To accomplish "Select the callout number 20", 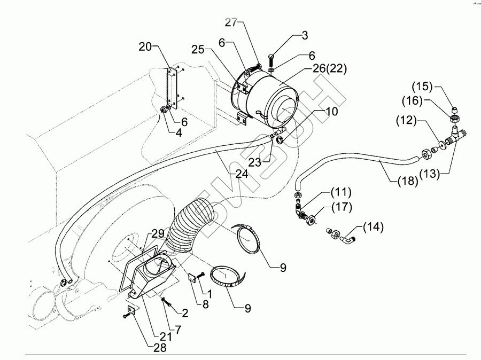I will click(x=146, y=47).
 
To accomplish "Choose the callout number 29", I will click(x=157, y=234).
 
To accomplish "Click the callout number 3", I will click(x=304, y=36).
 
